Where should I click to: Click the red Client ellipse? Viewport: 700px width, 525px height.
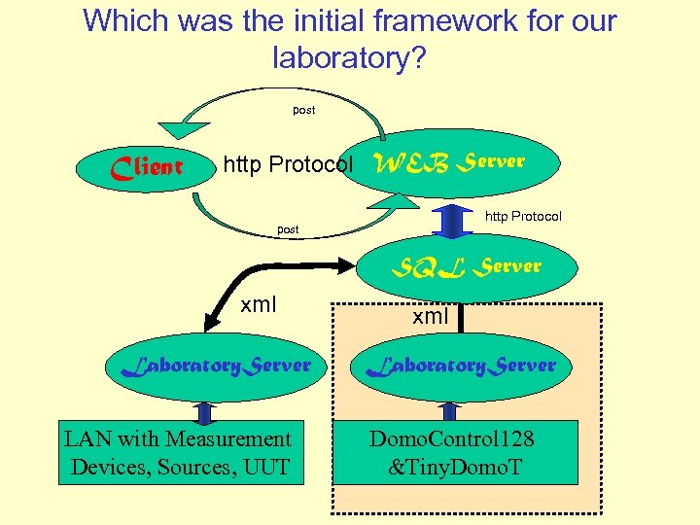tap(146, 167)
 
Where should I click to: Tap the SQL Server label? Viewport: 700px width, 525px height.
tap(467, 264)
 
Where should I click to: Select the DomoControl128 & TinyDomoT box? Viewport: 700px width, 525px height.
tap(453, 452)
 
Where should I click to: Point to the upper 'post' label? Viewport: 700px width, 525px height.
tap(304, 110)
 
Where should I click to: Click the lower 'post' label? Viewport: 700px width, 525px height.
tap(289, 229)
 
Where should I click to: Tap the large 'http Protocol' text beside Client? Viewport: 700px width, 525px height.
tap(288, 164)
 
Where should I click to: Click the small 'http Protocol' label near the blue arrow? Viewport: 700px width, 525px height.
tap(523, 216)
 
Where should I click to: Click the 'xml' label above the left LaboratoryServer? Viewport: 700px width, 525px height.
tap(259, 304)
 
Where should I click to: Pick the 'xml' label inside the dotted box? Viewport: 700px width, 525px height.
tap(431, 316)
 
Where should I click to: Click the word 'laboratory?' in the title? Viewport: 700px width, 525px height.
tap(349, 57)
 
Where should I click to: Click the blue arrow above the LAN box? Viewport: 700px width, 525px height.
tap(202, 408)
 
